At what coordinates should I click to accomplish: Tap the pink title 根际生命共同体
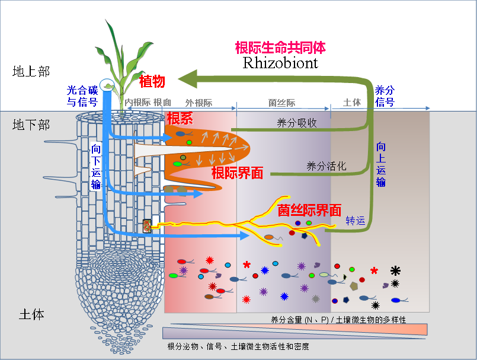[x=280, y=47]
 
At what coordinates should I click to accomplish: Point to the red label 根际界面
[x=237, y=173]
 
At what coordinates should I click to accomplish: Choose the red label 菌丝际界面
[x=310, y=209]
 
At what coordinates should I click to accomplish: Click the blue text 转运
[x=356, y=221]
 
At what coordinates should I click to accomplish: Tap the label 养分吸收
[x=297, y=123]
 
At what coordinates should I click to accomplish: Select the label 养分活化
[x=326, y=166]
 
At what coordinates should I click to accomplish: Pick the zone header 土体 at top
[x=352, y=103]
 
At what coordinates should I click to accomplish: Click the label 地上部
[x=31, y=72]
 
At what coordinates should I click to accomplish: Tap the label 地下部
[x=31, y=125]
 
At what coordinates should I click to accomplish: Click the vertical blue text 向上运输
[x=381, y=165]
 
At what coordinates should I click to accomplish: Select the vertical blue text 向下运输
[x=96, y=166]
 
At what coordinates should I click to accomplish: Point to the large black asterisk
[x=395, y=270]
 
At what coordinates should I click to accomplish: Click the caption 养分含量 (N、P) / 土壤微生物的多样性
[x=338, y=320]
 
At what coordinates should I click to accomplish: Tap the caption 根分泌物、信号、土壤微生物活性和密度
[x=238, y=346]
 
